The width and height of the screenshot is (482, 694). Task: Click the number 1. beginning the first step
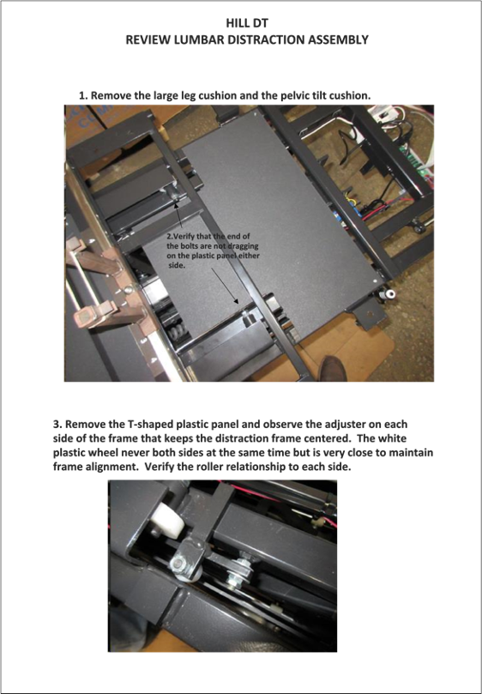tap(84, 95)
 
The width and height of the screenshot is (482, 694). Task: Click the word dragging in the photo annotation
tap(243, 245)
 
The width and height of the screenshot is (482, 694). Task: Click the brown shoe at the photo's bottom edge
tap(332, 367)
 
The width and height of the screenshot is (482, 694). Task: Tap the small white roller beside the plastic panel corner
tap(390, 294)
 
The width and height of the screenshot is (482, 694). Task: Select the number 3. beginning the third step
tap(57, 425)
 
